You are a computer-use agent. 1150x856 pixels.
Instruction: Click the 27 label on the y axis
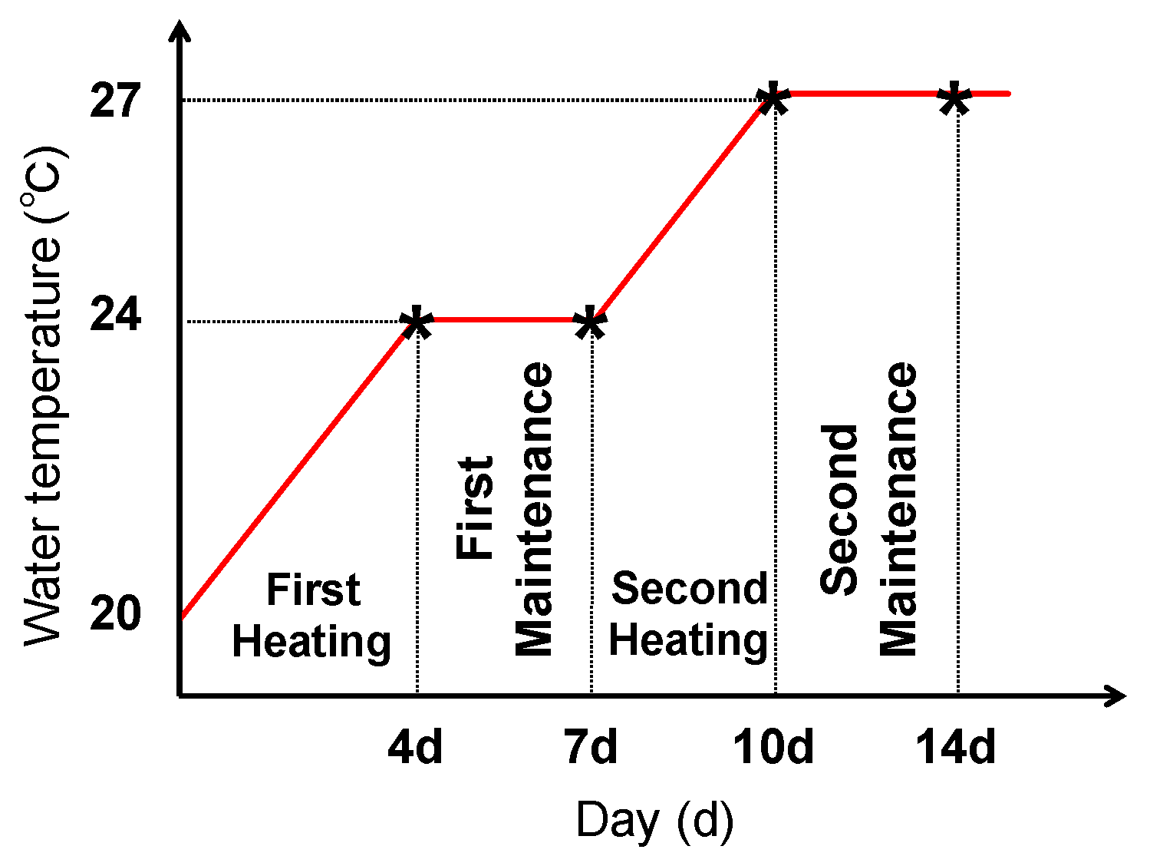click(115, 101)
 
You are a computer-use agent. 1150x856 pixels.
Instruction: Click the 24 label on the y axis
click(115, 315)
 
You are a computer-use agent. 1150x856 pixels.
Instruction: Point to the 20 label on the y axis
click(115, 614)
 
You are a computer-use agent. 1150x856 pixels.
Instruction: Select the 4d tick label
click(415, 746)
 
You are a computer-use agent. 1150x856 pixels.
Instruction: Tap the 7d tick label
click(591, 746)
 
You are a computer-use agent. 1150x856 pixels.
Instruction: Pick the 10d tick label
click(773, 746)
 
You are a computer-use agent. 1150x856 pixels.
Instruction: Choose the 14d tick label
click(956, 746)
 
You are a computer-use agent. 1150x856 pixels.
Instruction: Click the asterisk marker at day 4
click(417, 322)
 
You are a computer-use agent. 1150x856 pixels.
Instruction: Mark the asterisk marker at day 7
click(590, 322)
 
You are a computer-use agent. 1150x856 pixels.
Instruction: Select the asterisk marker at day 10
click(773, 98)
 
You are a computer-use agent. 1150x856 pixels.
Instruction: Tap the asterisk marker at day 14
click(955, 98)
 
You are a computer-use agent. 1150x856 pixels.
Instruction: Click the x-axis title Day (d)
click(654, 820)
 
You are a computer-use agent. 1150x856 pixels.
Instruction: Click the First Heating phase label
click(311, 616)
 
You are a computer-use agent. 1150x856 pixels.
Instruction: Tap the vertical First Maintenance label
click(505, 509)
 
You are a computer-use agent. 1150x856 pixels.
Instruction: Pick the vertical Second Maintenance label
click(868, 509)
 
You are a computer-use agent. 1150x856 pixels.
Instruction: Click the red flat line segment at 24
click(503, 319)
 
